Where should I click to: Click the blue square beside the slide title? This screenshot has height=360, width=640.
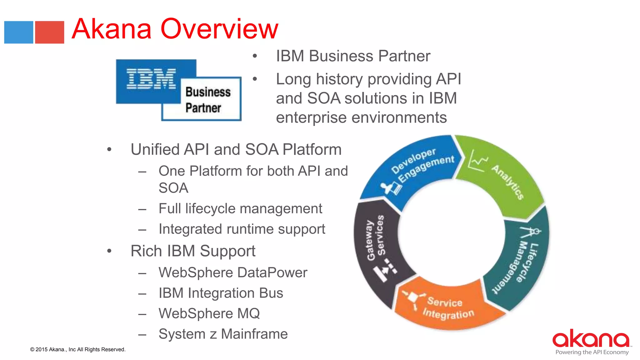[x=19, y=32]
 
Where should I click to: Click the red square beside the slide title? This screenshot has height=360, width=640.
[x=49, y=32]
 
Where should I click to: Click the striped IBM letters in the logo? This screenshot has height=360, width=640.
[x=151, y=79]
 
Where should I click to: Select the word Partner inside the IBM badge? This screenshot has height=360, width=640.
[x=203, y=108]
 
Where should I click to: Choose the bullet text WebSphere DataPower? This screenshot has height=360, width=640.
[x=233, y=272]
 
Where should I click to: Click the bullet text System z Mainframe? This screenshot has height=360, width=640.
[x=223, y=334]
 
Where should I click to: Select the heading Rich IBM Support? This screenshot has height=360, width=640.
[x=193, y=251]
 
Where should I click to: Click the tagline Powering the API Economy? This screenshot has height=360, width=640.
[x=592, y=352]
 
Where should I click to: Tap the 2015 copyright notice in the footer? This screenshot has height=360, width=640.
[x=78, y=349]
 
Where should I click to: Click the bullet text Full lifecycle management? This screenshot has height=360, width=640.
[x=240, y=208]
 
